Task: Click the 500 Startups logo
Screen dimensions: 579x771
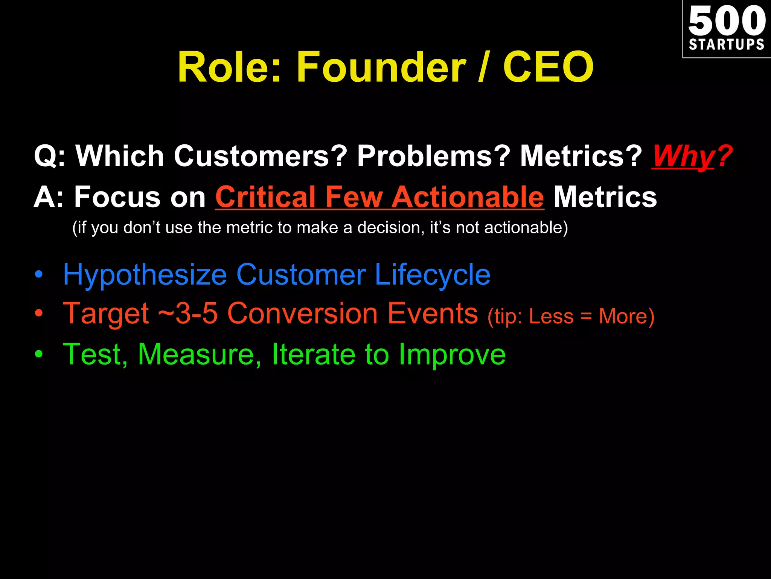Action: pos(727,29)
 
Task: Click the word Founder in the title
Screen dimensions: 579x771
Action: pos(381,68)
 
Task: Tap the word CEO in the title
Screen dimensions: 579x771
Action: pos(548,68)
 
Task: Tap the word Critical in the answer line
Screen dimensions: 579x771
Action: pos(265,197)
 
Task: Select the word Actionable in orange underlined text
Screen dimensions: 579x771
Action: pos(468,197)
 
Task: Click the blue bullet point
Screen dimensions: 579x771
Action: pos(39,275)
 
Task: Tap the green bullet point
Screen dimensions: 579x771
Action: pos(39,354)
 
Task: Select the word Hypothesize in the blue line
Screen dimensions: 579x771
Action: pos(145,275)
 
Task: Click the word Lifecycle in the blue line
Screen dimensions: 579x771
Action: pos(433,275)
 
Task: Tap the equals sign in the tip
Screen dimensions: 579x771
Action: pos(586,316)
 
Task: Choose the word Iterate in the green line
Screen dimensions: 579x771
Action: pos(313,354)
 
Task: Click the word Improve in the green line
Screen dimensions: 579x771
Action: pos(452,354)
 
